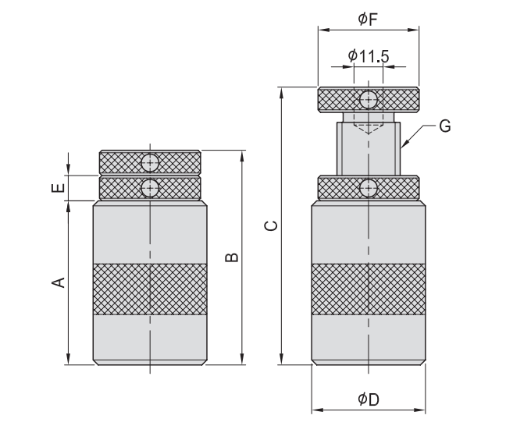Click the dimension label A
[x=59, y=282]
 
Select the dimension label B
[x=232, y=257]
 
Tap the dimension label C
[x=271, y=225]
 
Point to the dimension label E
[x=59, y=188]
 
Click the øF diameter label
[x=368, y=20]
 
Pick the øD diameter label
[x=369, y=399]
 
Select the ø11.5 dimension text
[x=369, y=56]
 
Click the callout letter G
[x=445, y=126]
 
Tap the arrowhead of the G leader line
[x=404, y=144]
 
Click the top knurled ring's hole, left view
[x=150, y=162]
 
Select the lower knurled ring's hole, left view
[x=150, y=188]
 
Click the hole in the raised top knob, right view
[x=369, y=100]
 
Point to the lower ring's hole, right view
[x=369, y=188]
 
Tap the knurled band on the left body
[x=150, y=289]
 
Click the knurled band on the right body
[x=369, y=289]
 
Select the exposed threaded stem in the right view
[x=369, y=148]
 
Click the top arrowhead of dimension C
[x=281, y=93]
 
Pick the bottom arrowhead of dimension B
[x=242, y=359]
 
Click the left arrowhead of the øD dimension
[x=317, y=410]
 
